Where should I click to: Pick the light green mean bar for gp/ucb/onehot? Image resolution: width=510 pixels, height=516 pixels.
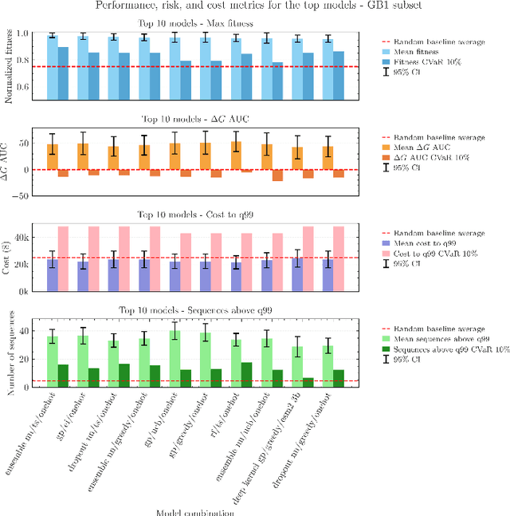pos(175,360)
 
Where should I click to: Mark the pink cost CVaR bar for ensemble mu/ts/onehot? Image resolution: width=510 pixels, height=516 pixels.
pos(63,259)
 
